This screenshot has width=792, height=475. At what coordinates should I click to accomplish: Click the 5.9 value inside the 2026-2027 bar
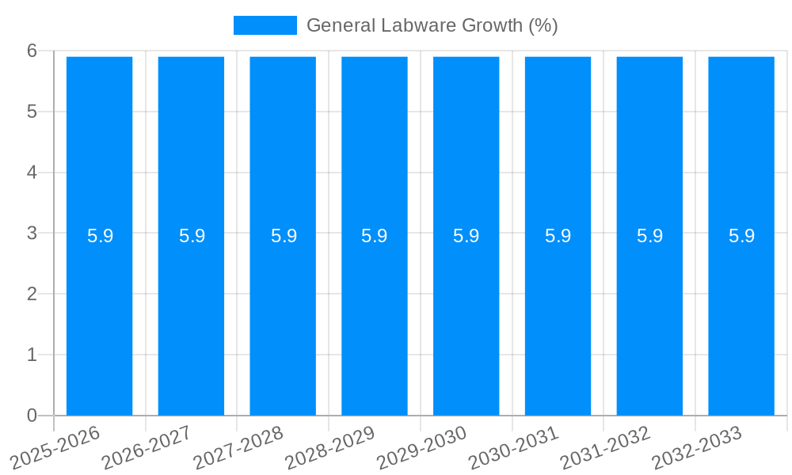pyautogui.click(x=192, y=236)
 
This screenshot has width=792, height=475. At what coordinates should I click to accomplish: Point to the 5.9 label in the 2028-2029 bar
pyautogui.click(x=375, y=236)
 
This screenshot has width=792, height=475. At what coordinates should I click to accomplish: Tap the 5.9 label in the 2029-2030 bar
pyautogui.click(x=466, y=236)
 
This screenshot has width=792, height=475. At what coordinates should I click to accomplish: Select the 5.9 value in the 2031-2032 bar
pyautogui.click(x=649, y=236)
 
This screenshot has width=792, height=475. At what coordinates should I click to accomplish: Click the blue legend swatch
pyautogui.click(x=265, y=25)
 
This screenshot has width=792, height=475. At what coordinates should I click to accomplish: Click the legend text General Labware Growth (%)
pyautogui.click(x=432, y=25)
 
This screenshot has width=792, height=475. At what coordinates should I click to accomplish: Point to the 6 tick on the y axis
pyautogui.click(x=32, y=51)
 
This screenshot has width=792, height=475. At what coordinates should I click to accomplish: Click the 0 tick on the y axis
pyautogui.click(x=32, y=416)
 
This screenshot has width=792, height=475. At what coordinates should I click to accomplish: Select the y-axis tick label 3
pyautogui.click(x=32, y=233)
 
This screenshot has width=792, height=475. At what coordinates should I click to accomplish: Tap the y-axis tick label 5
pyautogui.click(x=32, y=112)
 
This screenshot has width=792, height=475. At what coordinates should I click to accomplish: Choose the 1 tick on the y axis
pyautogui.click(x=32, y=355)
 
